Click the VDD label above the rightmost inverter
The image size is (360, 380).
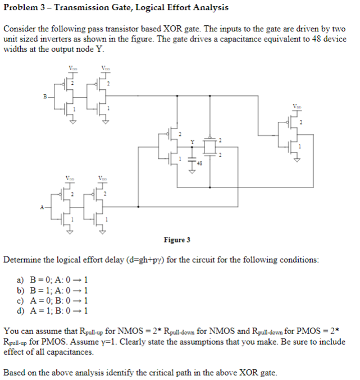pos(297,105)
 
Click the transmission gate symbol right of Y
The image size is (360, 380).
pos(210,147)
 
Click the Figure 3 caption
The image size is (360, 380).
pos(177,240)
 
